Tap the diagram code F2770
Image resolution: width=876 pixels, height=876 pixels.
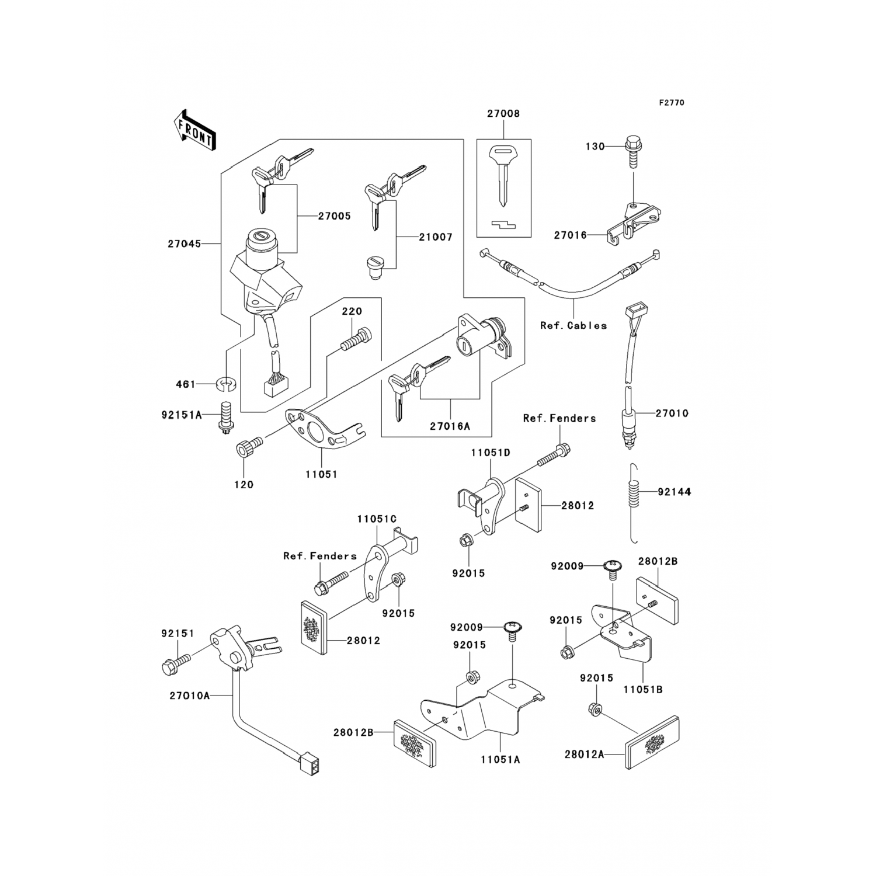click(x=671, y=103)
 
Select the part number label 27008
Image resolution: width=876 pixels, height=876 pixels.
click(x=503, y=114)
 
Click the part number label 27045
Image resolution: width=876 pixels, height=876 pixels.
click(x=184, y=244)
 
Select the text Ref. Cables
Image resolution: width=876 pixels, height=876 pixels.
click(x=573, y=325)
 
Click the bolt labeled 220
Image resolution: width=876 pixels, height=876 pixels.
click(x=354, y=341)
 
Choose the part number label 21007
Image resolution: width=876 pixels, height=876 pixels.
click(x=435, y=238)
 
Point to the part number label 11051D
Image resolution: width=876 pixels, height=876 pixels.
click(x=491, y=452)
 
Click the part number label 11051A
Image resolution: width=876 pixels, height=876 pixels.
click(x=500, y=759)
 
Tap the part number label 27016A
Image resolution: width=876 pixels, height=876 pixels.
click(x=450, y=426)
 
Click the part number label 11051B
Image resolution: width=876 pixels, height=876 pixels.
click(x=642, y=689)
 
